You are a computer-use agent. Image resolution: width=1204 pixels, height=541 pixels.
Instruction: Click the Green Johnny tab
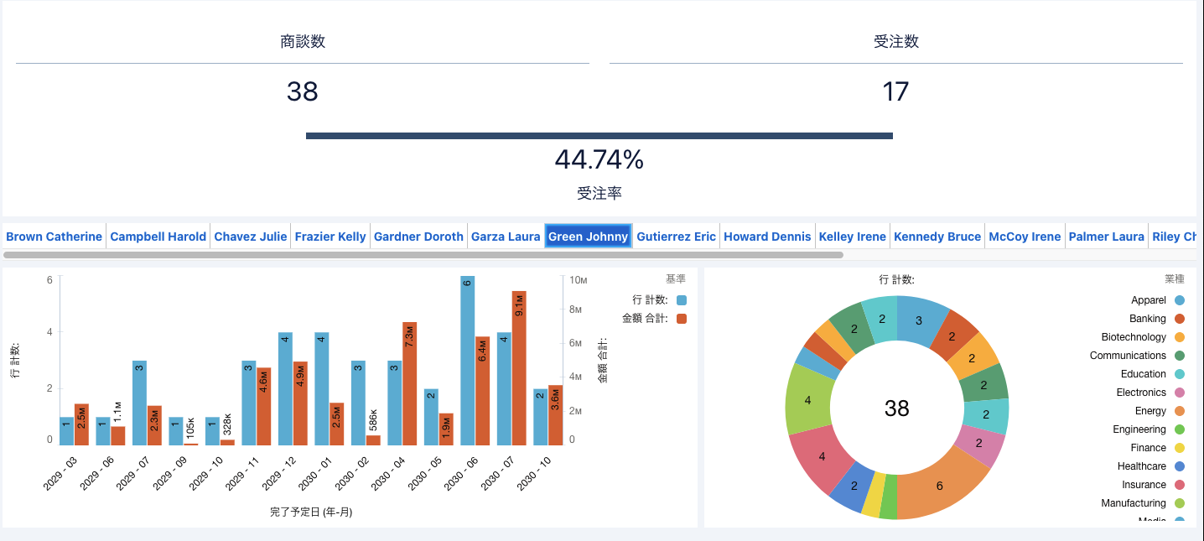pos(588,237)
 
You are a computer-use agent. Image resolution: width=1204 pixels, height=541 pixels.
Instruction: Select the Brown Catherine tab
pos(54,237)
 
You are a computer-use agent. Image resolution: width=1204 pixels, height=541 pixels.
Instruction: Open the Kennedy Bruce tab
pos(937,237)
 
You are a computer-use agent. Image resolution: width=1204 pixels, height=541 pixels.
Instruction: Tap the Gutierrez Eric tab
pos(676,237)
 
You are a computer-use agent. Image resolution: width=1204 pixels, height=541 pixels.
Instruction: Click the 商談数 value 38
pos(303,91)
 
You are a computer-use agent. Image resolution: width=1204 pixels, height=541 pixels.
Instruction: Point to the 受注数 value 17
pos(895,91)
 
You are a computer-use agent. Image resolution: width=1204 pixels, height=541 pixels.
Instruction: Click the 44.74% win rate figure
pos(599,159)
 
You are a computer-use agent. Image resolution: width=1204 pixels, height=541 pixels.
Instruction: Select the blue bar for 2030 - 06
pos(467,361)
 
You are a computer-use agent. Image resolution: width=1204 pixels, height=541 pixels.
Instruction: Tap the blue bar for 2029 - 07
pos(139,403)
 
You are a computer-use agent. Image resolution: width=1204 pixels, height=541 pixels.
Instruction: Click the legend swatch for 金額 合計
pos(682,319)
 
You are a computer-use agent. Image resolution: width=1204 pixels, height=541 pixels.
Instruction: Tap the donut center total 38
pos(896,408)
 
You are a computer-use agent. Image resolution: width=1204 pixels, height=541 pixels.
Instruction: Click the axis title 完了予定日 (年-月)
pos(311,512)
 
